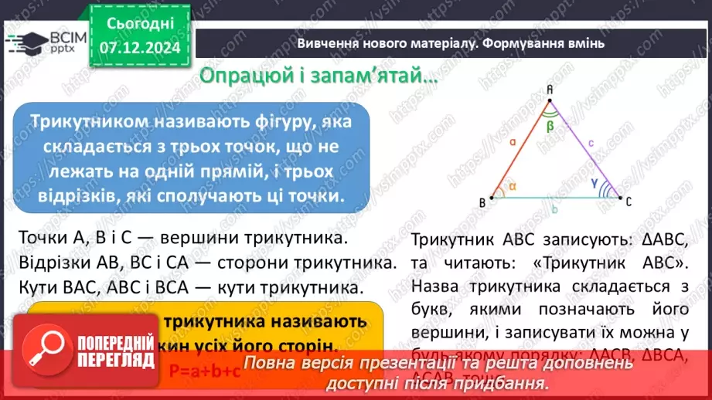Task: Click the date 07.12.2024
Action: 140,48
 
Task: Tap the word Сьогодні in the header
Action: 140,24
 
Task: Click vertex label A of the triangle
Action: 550,90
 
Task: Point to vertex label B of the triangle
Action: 482,203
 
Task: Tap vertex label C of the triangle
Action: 629,202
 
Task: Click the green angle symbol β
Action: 550,125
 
